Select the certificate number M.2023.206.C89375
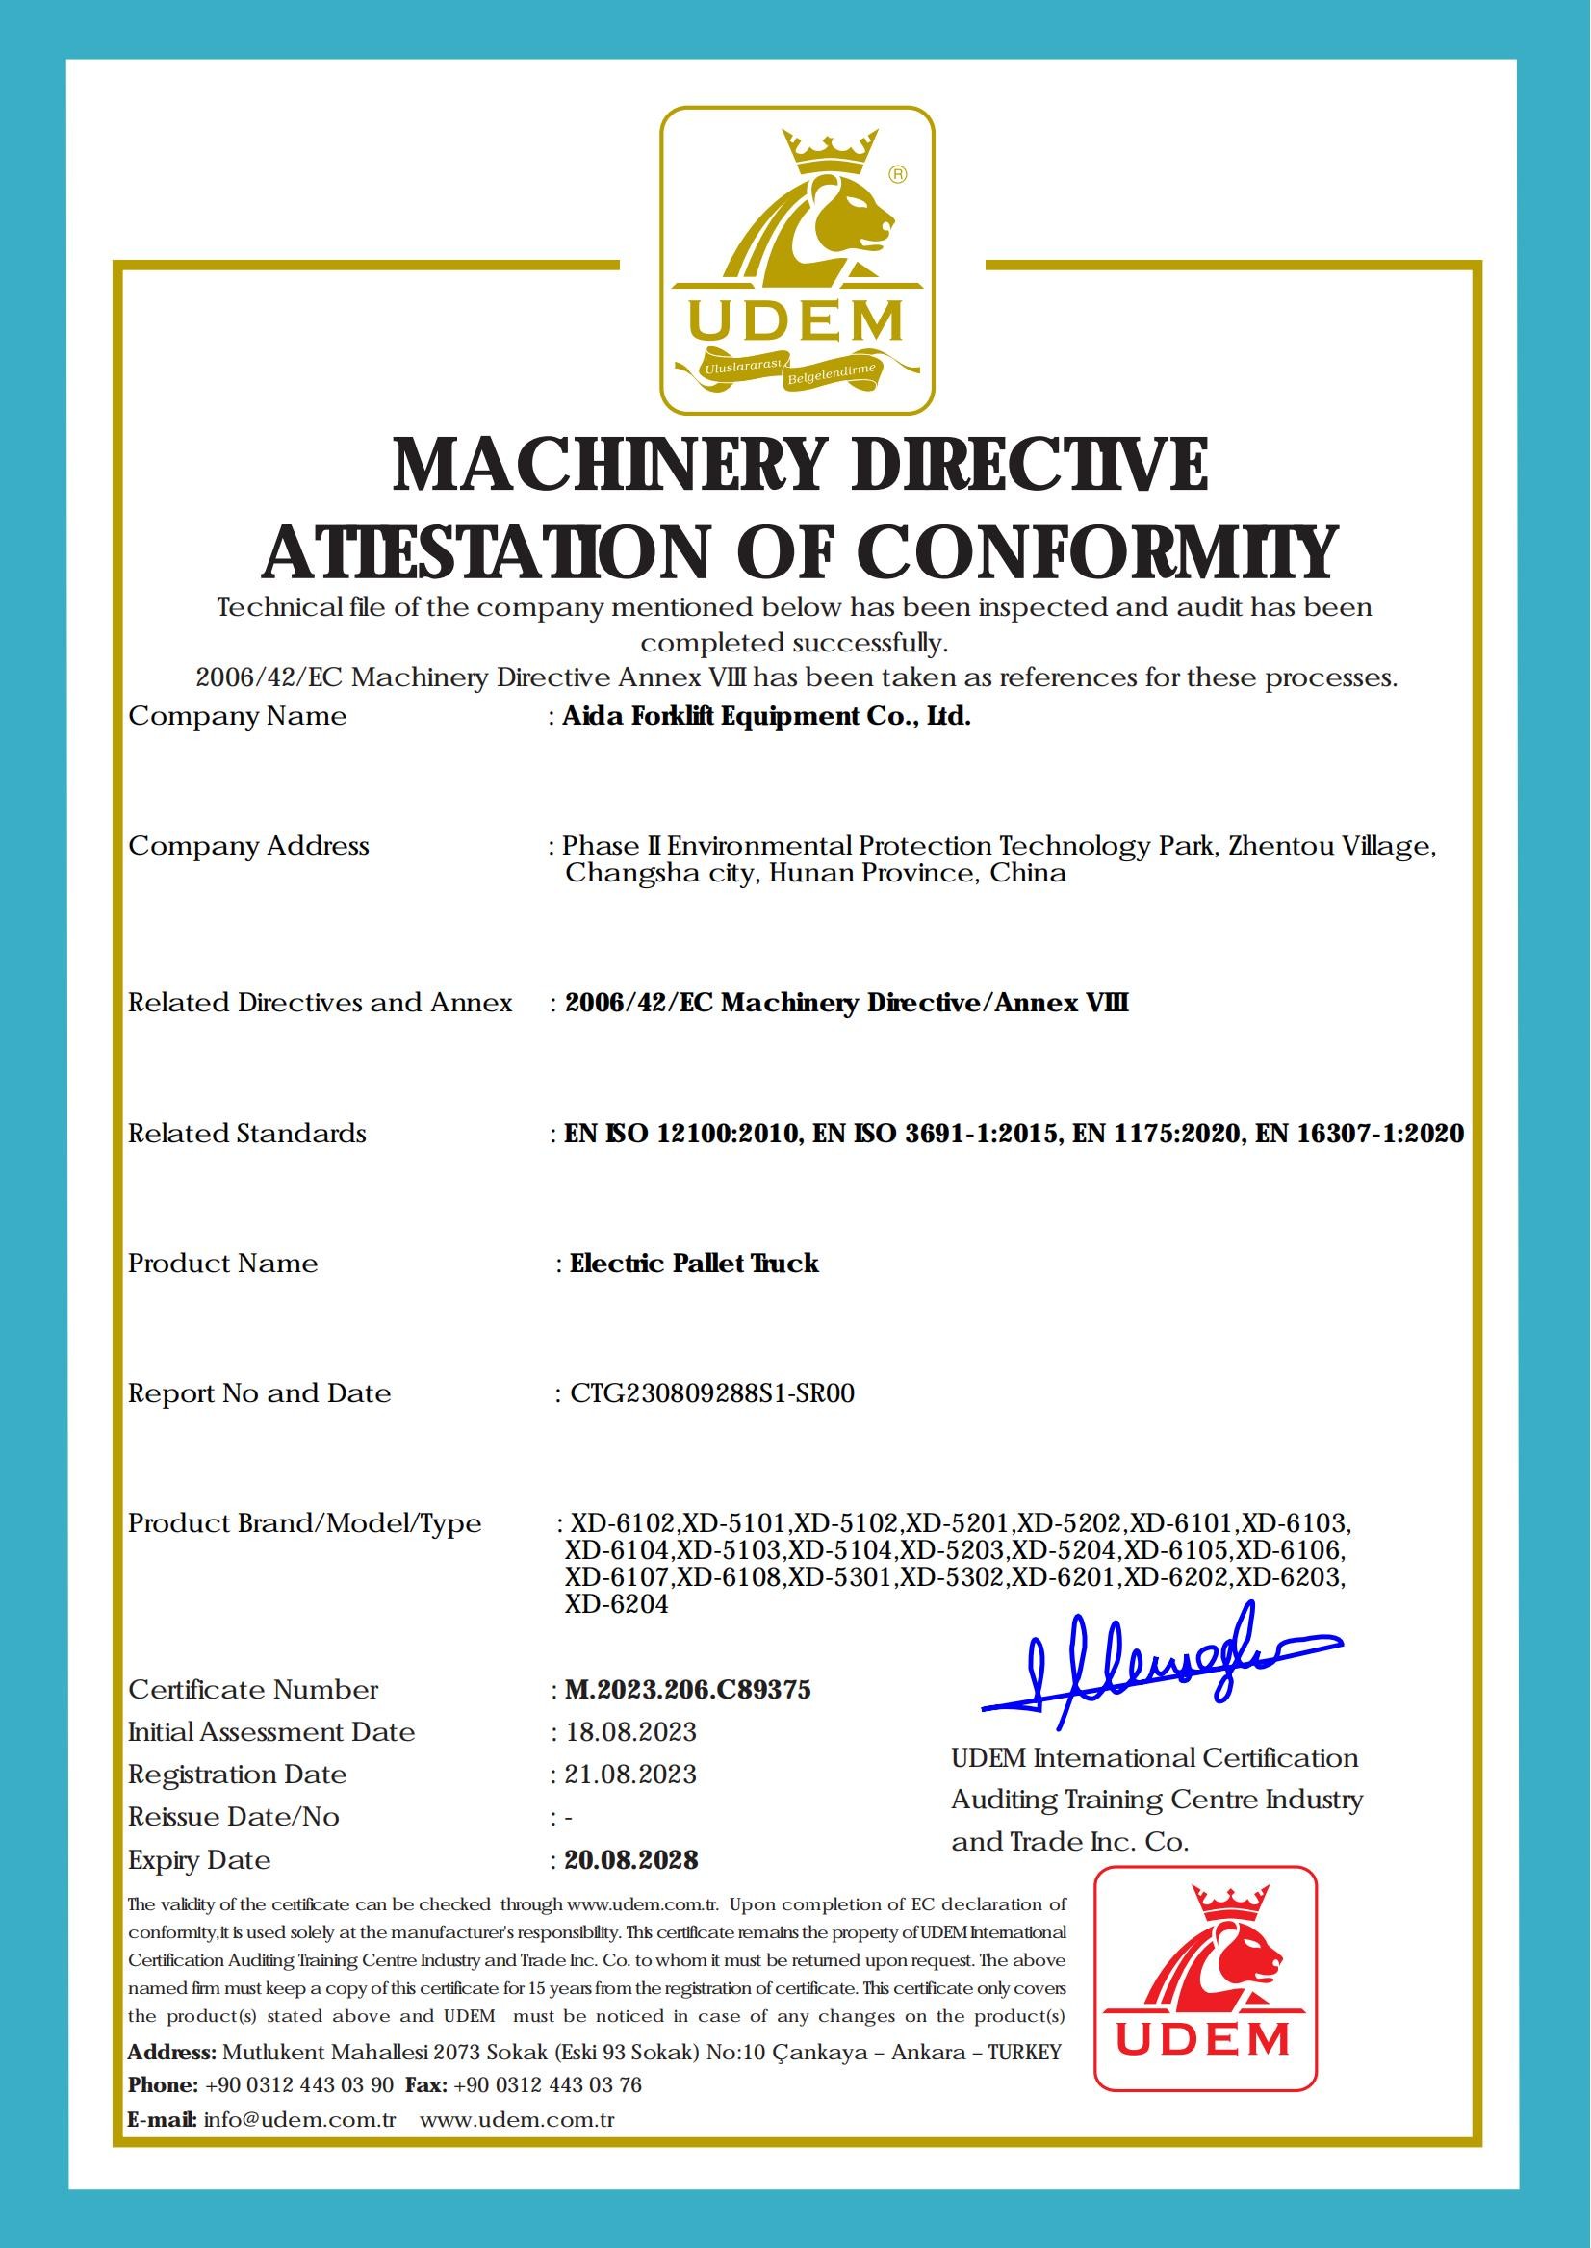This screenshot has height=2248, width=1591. pos(688,1690)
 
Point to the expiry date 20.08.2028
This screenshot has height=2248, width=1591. pos(631,1860)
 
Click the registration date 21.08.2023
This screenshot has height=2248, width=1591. pos(631,1774)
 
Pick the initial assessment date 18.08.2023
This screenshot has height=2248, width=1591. pos(631,1732)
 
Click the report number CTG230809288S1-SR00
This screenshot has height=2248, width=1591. pos(711,1392)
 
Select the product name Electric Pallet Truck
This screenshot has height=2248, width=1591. pos(694,1263)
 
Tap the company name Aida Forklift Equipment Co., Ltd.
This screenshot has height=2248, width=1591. pos(766,716)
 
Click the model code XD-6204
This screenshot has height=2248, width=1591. pos(617,1604)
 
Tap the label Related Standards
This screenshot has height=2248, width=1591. pos(246,1134)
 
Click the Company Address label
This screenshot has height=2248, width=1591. pos(249,845)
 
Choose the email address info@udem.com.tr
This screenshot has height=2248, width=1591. pos(299,2120)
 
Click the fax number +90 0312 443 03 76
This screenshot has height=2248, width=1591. pos(549,2084)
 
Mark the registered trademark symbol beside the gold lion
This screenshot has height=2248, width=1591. pos(896,174)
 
